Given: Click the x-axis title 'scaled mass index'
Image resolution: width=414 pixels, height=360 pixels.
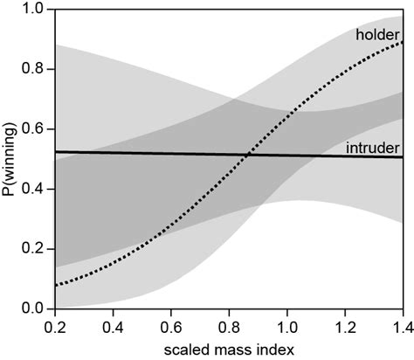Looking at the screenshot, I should (228, 348).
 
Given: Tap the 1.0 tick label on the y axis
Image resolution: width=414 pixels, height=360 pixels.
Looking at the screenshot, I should (33, 10).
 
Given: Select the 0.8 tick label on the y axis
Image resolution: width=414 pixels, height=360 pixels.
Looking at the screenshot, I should (33, 69).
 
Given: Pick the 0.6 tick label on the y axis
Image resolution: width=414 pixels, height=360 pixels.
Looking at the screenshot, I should (33, 129).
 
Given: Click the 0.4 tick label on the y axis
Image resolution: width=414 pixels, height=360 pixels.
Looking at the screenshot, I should (33, 189).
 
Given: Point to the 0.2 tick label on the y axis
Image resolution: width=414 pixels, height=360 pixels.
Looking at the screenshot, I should (33, 249).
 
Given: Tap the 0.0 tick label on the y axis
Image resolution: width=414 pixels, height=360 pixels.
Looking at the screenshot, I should (33, 308).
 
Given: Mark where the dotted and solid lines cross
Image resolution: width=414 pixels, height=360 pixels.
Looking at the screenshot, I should (248, 155).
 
